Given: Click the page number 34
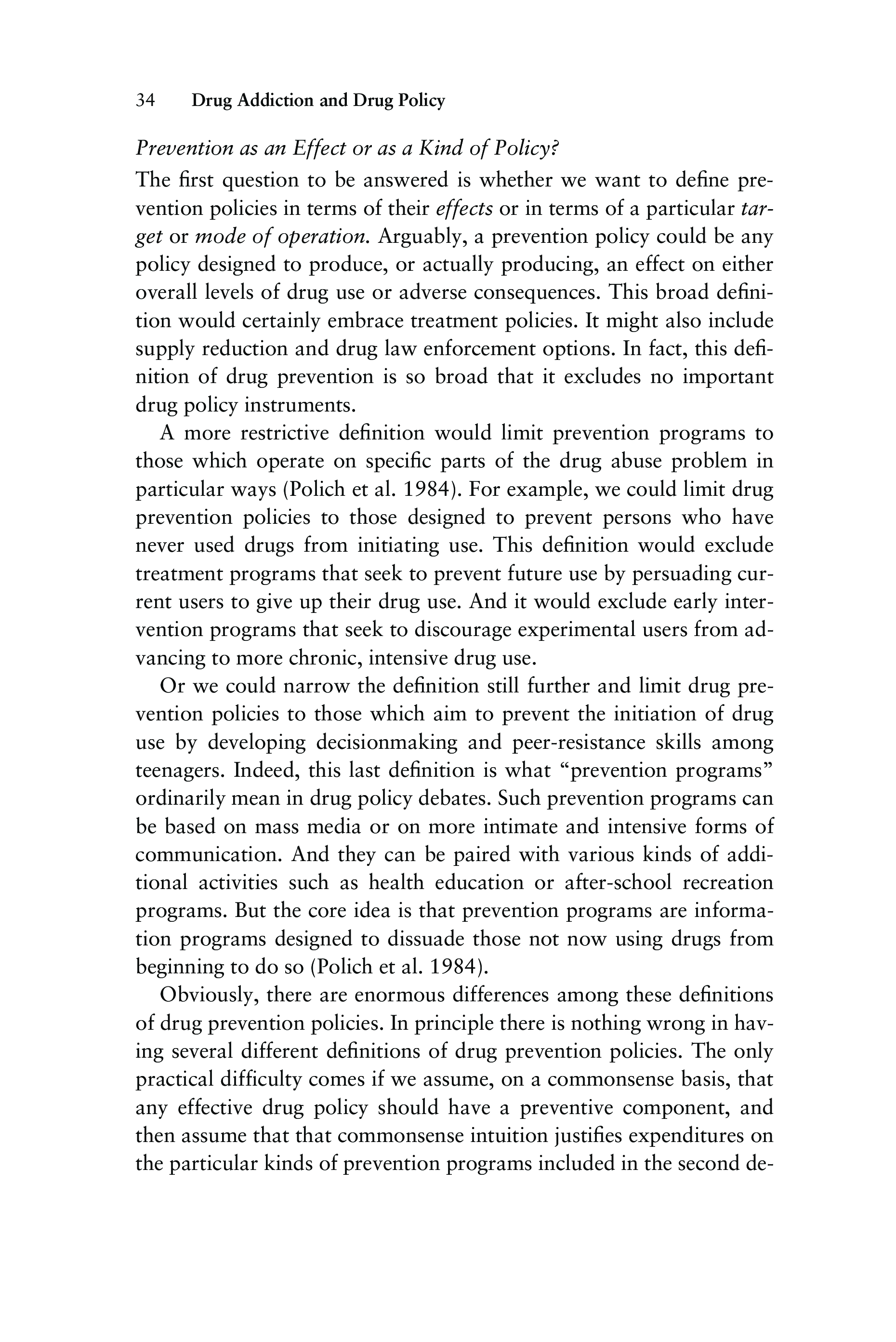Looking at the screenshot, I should pos(145,101).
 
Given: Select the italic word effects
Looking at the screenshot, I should pos(464,209).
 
